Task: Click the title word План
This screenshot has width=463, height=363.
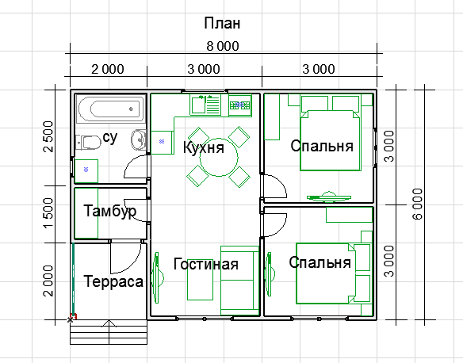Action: (222, 23)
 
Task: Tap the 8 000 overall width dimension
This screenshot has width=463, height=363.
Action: (223, 46)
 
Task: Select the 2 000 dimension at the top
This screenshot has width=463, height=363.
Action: (108, 70)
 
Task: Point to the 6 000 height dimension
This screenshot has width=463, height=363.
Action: (418, 204)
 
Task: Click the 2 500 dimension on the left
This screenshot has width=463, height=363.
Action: (48, 136)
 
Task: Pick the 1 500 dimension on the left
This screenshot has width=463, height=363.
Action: (48, 213)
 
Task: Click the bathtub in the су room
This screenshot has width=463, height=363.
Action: (111, 109)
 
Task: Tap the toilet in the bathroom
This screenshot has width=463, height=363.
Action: (88, 142)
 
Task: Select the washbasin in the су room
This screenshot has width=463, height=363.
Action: (139, 139)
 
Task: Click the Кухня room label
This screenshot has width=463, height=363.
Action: (204, 147)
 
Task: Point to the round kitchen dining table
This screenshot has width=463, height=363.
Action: (219, 157)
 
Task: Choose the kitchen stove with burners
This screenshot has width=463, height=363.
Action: (239, 105)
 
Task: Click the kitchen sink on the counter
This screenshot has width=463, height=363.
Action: (198, 105)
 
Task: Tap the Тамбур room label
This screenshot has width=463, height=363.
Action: (110, 212)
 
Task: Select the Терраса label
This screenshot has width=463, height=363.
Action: (113, 281)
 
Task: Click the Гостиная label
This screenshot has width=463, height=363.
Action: (206, 264)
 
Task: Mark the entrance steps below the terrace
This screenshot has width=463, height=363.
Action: (109, 332)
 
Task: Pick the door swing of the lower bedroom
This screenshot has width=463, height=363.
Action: (274, 225)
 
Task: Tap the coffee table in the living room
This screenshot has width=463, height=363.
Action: (200, 284)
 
